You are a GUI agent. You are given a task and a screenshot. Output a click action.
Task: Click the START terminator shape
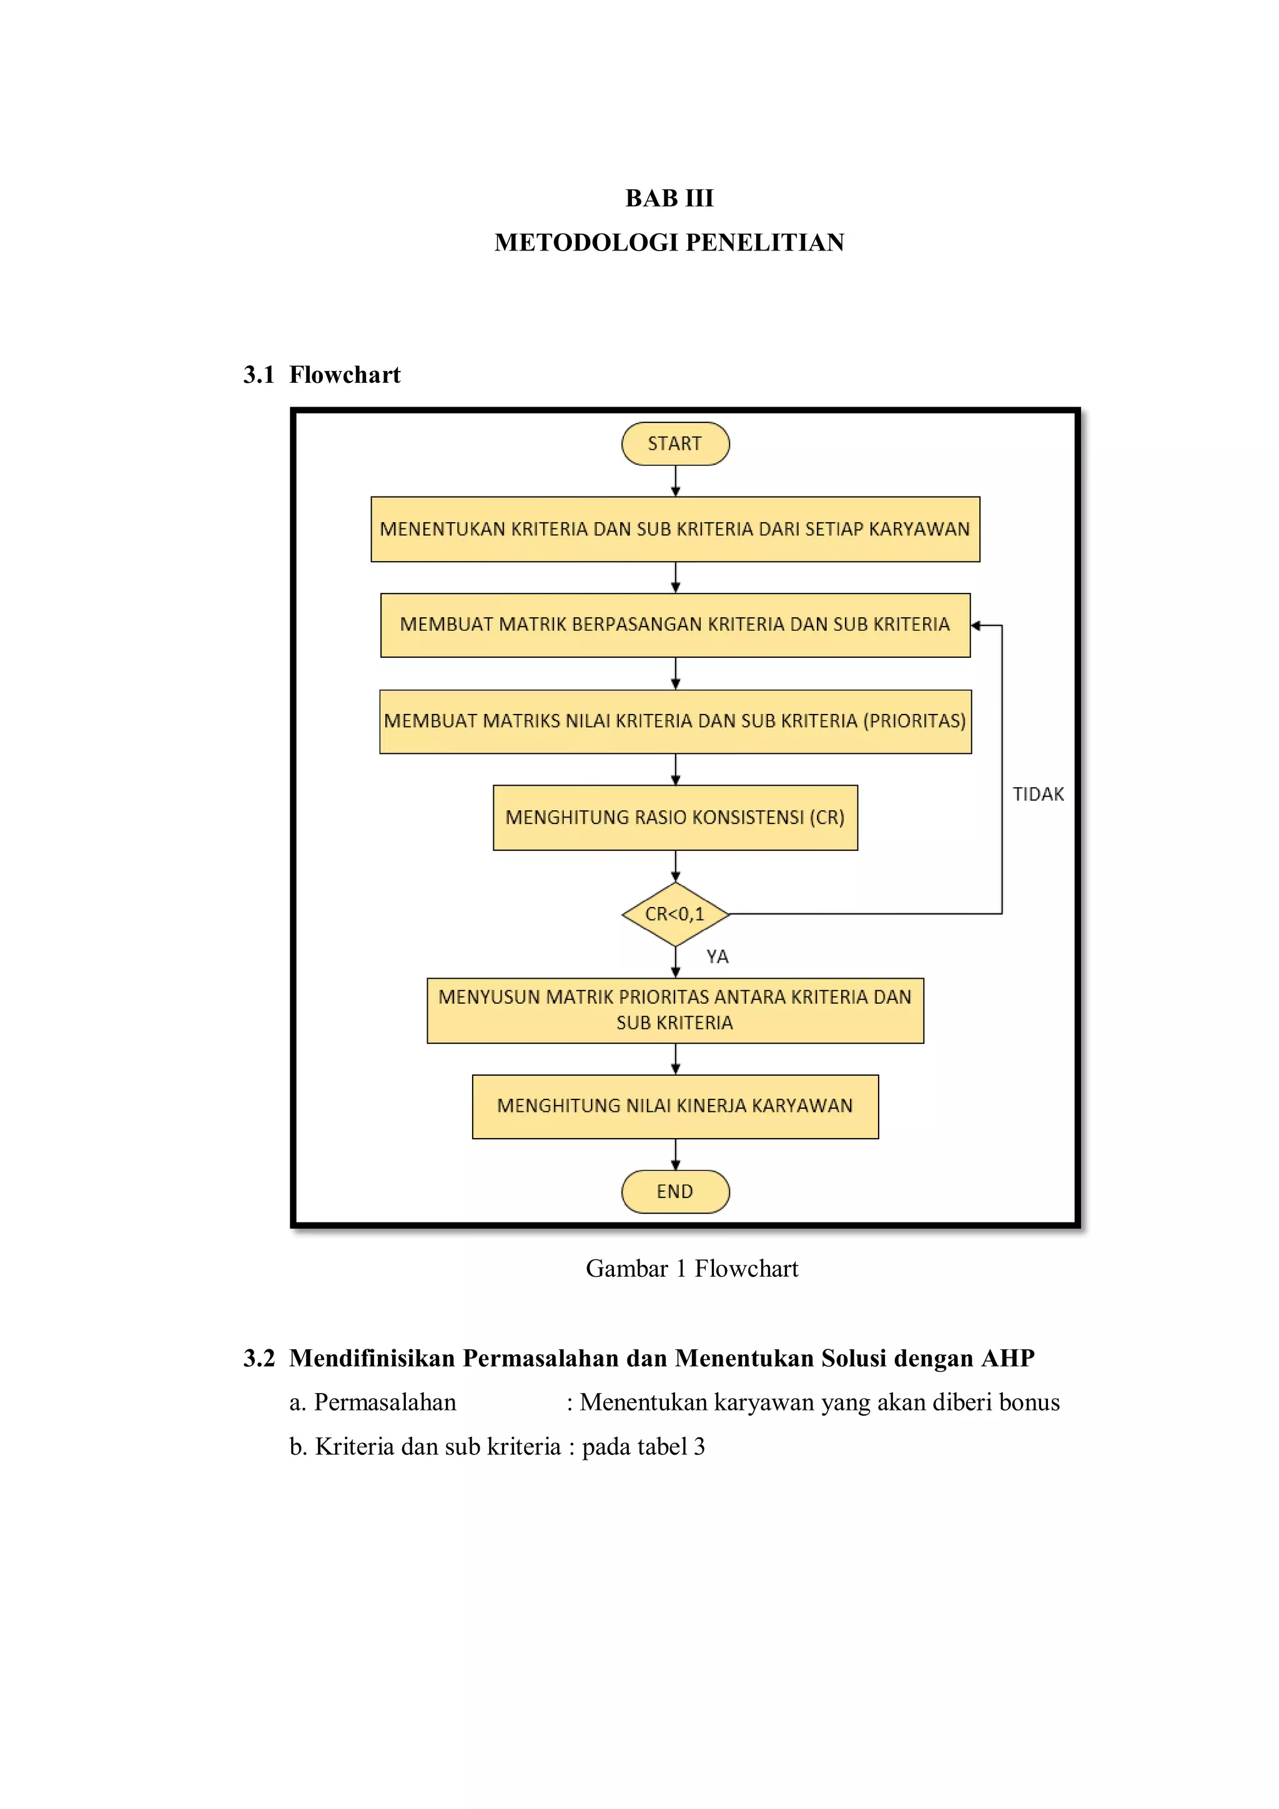click(x=675, y=444)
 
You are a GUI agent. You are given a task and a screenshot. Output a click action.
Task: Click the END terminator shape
click(x=675, y=1191)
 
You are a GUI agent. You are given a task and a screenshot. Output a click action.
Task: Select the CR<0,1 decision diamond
click(x=675, y=914)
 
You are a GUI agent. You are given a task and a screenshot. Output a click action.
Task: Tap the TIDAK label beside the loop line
click(x=1038, y=794)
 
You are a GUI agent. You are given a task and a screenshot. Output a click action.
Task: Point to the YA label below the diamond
click(x=717, y=956)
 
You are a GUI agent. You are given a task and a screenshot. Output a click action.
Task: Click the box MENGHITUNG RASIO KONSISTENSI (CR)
click(x=675, y=818)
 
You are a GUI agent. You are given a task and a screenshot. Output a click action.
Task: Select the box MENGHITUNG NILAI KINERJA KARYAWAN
click(x=675, y=1106)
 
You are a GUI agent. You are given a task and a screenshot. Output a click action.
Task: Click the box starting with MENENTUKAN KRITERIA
click(x=675, y=528)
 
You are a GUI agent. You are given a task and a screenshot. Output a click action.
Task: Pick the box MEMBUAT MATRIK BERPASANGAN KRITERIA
click(x=675, y=625)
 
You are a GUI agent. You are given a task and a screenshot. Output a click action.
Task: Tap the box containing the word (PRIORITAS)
click(x=675, y=721)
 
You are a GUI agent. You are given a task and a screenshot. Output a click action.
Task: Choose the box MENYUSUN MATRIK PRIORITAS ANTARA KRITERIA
click(x=675, y=1010)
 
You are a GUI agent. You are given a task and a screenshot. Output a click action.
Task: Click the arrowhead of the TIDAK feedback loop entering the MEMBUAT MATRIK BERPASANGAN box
click(x=975, y=625)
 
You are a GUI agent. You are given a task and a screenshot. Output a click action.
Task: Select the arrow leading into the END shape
click(x=675, y=1155)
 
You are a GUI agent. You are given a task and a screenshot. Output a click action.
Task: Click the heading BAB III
click(x=669, y=198)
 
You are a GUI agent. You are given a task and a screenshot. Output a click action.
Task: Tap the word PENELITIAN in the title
click(x=765, y=242)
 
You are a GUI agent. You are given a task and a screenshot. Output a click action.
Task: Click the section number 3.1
click(x=259, y=374)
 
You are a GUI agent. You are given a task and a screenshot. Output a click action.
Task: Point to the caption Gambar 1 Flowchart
click(x=691, y=1269)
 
